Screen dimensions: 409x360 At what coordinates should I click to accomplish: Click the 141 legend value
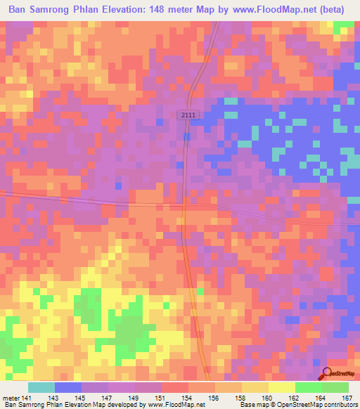click(27, 398)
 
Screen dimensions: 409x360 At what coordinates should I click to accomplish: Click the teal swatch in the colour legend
click(41, 387)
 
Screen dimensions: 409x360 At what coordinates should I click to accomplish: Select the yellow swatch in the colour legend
click(281, 387)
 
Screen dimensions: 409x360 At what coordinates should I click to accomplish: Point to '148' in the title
click(158, 10)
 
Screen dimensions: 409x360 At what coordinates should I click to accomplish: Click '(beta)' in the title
click(331, 10)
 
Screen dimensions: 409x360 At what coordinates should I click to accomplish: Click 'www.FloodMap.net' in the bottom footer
click(175, 405)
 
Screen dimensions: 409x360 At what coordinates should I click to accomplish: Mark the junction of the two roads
click(184, 204)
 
